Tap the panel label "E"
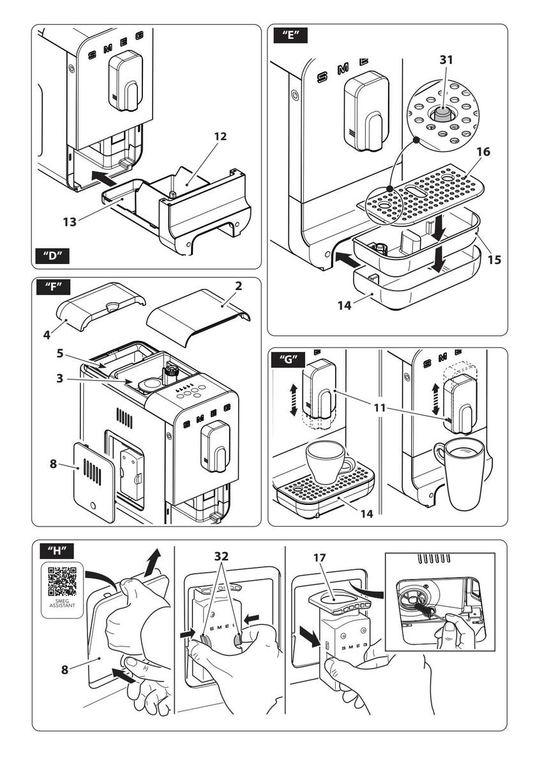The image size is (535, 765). click(290, 35)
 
